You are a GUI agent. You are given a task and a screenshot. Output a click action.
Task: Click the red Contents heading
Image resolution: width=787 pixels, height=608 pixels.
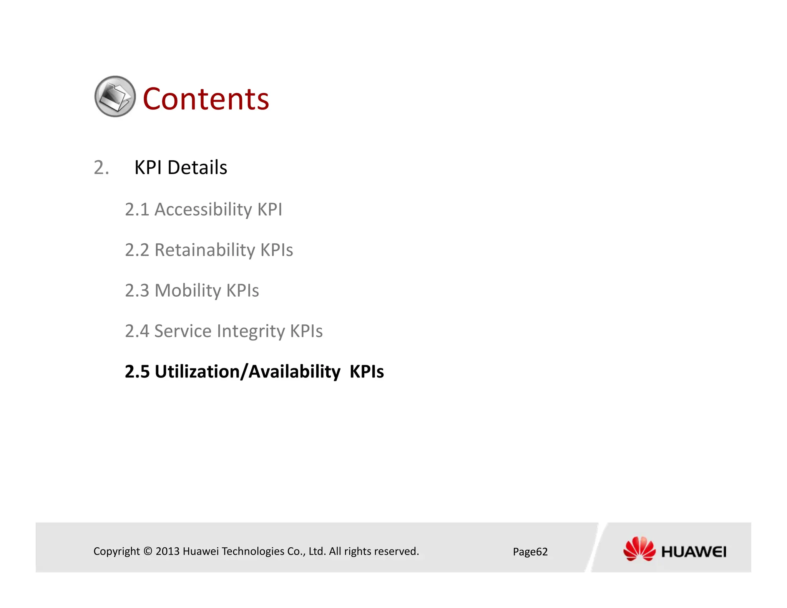(206, 99)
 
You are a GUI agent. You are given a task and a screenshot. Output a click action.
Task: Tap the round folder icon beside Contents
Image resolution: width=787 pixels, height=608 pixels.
(115, 96)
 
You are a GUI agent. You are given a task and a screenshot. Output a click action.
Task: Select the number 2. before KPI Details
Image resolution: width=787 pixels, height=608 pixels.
(101, 168)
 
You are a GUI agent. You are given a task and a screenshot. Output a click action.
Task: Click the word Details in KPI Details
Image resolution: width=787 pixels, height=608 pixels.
(197, 168)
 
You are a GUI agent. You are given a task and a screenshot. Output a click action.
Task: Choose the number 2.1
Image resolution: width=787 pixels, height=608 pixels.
(137, 210)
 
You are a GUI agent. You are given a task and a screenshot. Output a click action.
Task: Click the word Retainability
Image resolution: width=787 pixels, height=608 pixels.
(204, 250)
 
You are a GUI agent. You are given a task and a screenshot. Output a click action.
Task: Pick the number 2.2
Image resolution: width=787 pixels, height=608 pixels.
(137, 250)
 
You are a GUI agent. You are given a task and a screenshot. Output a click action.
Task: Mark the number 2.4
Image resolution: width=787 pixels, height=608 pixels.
(137, 331)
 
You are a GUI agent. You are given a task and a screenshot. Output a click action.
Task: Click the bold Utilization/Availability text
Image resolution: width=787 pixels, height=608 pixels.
(247, 372)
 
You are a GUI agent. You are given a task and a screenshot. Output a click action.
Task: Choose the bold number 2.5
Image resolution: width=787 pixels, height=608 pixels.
(137, 372)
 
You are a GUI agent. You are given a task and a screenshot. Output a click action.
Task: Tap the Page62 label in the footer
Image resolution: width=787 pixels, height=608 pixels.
(530, 552)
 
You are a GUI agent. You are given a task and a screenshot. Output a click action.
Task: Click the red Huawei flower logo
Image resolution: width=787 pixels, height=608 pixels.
(639, 549)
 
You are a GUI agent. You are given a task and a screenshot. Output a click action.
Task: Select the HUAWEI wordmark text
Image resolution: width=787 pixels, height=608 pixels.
(694, 552)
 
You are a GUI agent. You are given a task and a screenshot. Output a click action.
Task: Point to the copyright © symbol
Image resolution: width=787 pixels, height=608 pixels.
(148, 552)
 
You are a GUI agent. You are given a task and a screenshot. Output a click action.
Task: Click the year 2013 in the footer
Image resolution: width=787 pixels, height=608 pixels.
(168, 552)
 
